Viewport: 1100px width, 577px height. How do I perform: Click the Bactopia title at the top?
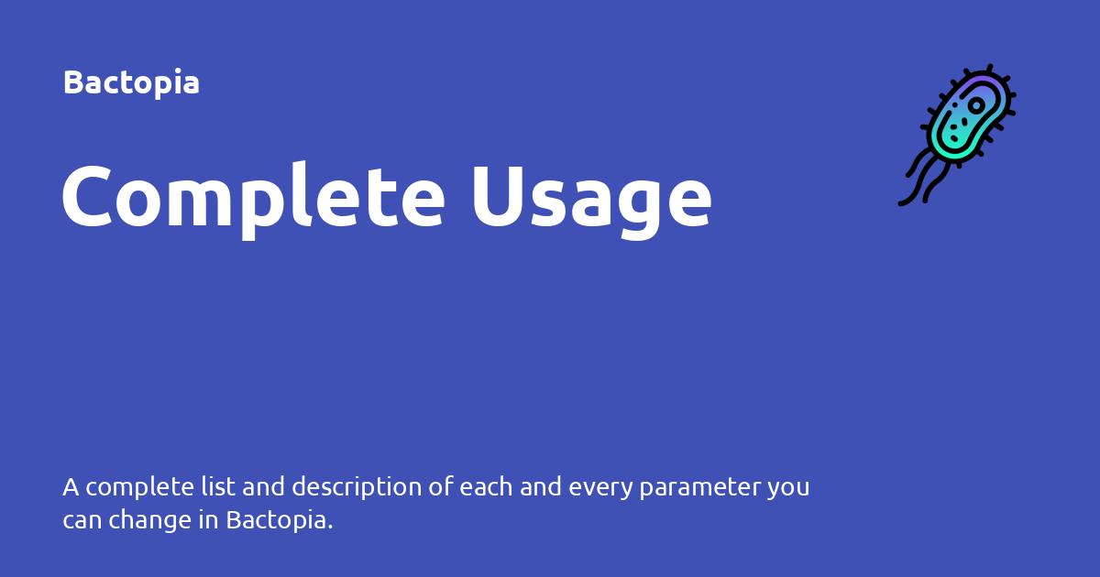131,82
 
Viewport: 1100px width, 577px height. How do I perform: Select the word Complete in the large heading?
254,197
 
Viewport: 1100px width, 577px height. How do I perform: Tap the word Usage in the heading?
591,197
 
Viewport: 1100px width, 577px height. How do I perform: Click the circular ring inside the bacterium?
977,106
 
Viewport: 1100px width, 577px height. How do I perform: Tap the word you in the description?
788,487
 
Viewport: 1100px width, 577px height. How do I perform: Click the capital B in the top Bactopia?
73,82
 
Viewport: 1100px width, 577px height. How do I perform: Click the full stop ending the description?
330,528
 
